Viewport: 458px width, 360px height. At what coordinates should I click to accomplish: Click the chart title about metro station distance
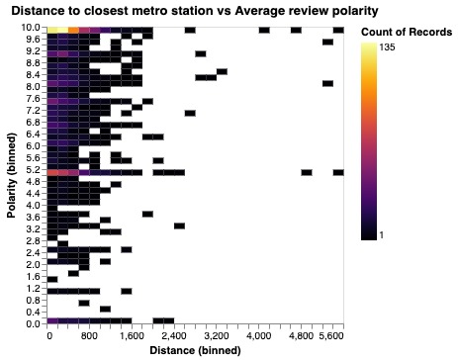[194, 11]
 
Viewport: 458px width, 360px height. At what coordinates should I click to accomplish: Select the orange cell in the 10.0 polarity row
[73, 31]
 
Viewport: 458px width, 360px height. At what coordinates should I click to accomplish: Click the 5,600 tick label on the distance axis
[331, 336]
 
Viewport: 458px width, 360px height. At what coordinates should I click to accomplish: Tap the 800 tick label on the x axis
[89, 336]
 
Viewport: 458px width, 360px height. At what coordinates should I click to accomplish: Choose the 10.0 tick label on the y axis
[32, 28]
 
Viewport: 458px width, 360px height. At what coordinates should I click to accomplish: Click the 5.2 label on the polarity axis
[34, 169]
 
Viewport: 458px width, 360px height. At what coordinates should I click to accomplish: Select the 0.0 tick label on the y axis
[34, 323]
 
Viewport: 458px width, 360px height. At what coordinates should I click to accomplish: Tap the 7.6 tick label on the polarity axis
[34, 98]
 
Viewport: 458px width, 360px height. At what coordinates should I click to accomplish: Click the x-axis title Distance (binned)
[194, 351]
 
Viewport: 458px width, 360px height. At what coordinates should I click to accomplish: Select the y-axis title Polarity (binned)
[10, 176]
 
